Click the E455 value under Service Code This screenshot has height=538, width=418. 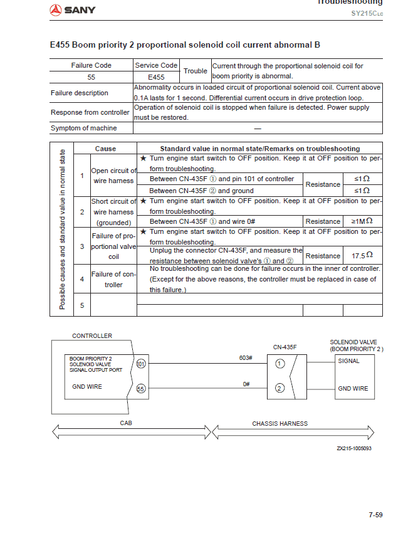pos(156,77)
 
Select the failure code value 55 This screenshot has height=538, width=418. pos(91,77)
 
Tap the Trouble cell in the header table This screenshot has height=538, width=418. pos(195,71)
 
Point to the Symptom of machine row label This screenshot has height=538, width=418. pos(83,128)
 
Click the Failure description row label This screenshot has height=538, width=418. pos(80,93)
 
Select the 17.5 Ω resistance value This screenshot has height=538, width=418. pos(362,256)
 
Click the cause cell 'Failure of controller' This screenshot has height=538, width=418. pos(113,279)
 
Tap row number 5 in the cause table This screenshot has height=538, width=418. pos(82,305)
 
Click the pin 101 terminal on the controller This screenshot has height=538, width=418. pos(141,363)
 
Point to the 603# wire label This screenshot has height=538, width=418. pos(246,357)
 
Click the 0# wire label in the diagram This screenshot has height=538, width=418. pos(247,383)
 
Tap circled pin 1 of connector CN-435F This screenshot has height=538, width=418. pos(280,363)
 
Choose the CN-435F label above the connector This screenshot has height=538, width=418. pos(285,347)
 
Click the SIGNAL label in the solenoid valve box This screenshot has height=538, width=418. pos(349,361)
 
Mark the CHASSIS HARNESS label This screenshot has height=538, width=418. pos(280,424)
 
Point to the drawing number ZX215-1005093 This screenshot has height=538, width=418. pos(355,448)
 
